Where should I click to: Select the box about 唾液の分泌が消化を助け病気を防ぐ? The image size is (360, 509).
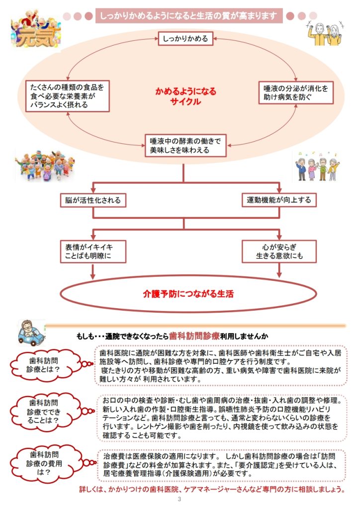(296, 93)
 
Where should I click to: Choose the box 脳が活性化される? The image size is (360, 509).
(92, 200)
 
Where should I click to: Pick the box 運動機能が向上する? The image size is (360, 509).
(278, 200)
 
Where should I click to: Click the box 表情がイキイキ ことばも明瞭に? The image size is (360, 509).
(92, 251)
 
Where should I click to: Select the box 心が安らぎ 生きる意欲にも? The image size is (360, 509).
(278, 251)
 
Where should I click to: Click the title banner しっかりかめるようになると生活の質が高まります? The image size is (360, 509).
(188, 15)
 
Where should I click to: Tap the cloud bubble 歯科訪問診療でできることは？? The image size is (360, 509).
(43, 411)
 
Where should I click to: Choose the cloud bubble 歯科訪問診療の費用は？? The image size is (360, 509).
(43, 463)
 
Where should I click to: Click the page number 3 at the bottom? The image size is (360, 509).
(180, 500)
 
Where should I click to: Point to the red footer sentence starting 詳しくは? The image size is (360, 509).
(212, 489)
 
